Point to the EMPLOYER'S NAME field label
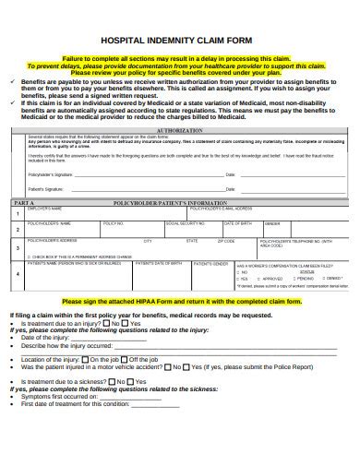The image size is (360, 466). pyautogui.click(x=46, y=208)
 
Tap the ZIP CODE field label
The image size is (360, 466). pyautogui.click(x=225, y=241)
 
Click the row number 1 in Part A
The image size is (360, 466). pyautogui.click(x=15, y=213)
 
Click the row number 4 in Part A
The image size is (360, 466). pyautogui.click(x=15, y=274)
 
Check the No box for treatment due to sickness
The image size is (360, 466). pyautogui.click(x=108, y=381)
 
